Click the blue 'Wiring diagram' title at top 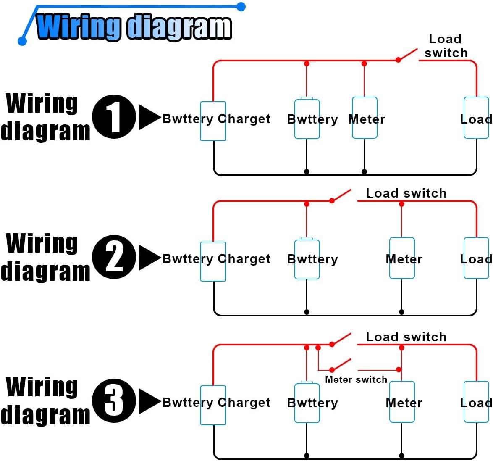click(134, 27)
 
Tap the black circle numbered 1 click(114, 117)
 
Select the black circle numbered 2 click(114, 257)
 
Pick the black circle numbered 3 click(114, 400)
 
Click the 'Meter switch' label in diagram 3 click(356, 379)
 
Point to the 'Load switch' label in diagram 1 click(446, 46)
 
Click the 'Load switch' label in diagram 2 click(406, 193)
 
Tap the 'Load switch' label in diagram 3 click(406, 337)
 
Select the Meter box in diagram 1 click(365, 118)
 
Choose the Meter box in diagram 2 click(402, 258)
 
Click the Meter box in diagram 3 click(402, 402)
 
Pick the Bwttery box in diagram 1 click(307, 118)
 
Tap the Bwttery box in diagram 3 click(307, 402)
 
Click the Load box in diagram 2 click(476, 258)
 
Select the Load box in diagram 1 click(476, 118)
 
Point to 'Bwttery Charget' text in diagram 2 click(216, 259)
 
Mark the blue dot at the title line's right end click(241, 7)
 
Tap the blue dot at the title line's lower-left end click(22, 41)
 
